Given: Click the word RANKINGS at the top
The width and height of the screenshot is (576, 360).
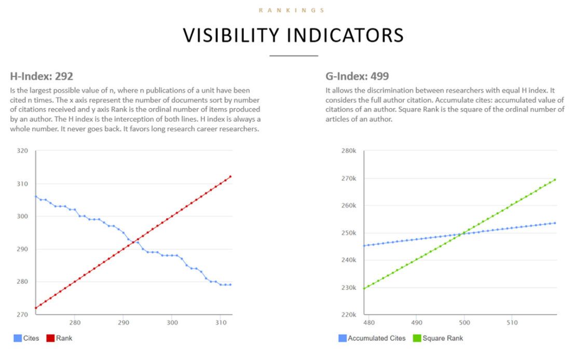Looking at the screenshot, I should [x=292, y=10].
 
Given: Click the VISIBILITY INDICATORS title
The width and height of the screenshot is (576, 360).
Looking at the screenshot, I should [x=293, y=35].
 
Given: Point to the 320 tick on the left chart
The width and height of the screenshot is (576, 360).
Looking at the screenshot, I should [x=22, y=151].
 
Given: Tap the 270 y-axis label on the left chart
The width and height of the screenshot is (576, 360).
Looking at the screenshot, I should [x=22, y=315].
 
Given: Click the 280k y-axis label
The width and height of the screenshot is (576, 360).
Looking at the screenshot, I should [x=348, y=151].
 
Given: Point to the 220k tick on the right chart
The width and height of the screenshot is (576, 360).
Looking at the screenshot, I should [x=348, y=315].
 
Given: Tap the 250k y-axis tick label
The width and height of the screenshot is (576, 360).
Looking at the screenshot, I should [x=348, y=233].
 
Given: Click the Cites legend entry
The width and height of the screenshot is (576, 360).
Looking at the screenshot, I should [x=27, y=338].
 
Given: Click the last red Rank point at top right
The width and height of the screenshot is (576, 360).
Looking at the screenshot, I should [x=230, y=176].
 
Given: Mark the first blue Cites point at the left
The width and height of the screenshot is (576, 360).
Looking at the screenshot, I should [x=36, y=196].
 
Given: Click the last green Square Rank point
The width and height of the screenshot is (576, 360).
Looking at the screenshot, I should [x=555, y=179].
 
